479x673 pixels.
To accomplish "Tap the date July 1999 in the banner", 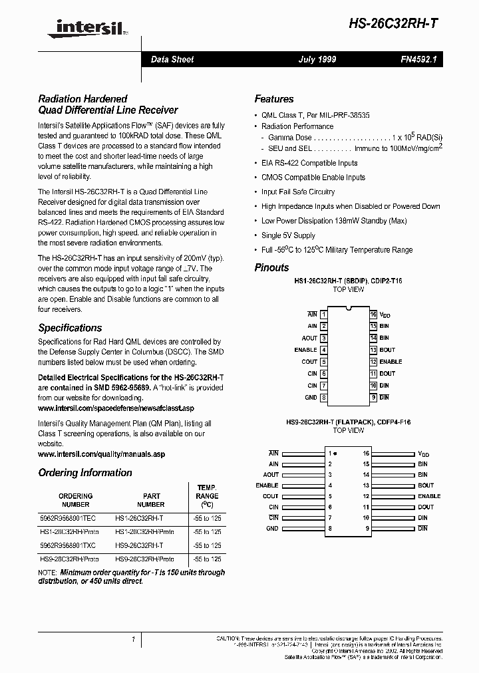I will click(x=317, y=60).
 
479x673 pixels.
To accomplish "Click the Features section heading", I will click(x=274, y=99).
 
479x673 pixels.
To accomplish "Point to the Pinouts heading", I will click(x=271, y=267).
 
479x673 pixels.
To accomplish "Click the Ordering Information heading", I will click(x=85, y=473).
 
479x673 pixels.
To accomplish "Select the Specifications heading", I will click(x=70, y=328).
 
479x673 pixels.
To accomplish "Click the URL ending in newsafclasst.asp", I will click(x=116, y=407).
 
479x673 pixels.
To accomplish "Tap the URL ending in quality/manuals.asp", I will click(x=101, y=454).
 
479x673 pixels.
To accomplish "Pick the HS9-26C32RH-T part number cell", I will click(x=138, y=545).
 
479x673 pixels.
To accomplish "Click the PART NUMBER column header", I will click(x=152, y=500).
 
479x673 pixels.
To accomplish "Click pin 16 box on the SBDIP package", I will click(x=373, y=315).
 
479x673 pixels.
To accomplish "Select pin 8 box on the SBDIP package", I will click(x=323, y=398).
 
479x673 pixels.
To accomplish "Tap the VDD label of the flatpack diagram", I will click(x=424, y=454).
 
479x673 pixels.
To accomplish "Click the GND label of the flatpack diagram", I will click(x=272, y=529).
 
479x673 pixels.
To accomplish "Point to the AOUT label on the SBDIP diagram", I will click(x=309, y=338).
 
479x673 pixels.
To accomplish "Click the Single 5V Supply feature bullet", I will click(x=288, y=235).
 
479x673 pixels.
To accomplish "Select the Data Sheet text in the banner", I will click(x=172, y=60).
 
